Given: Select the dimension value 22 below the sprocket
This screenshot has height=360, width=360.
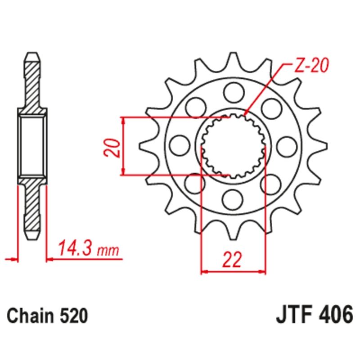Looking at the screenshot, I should pyautogui.click(x=232, y=261).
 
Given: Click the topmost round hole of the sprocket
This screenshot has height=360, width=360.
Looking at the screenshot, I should pyautogui.click(x=233, y=94).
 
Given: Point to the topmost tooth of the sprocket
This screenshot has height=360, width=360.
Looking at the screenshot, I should pyautogui.click(x=233, y=58).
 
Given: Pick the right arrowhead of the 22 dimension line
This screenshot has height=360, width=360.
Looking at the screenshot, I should pyautogui.click(x=263, y=271).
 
